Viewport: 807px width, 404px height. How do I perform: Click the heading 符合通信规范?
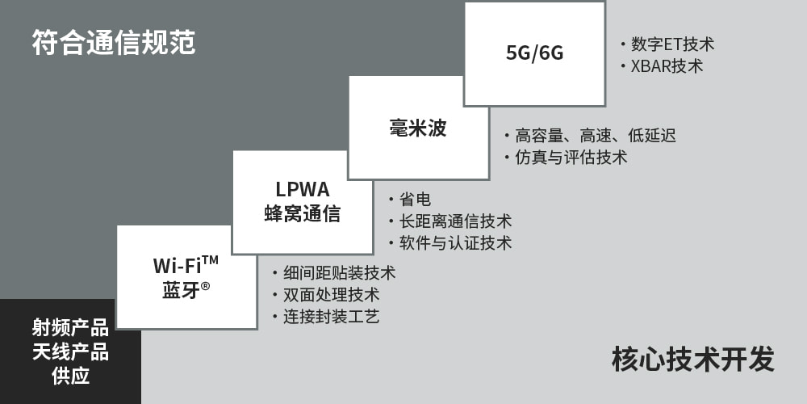click(114, 43)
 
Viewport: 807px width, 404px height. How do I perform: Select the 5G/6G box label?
click(534, 53)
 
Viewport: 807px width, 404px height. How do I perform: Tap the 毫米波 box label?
click(418, 128)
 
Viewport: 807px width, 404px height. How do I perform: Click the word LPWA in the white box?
click(303, 190)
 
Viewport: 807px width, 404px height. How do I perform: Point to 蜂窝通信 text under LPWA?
click(303, 214)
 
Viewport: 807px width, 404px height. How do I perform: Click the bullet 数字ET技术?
click(672, 44)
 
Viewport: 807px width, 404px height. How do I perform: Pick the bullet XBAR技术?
click(667, 66)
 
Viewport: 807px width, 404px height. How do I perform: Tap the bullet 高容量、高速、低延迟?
click(595, 136)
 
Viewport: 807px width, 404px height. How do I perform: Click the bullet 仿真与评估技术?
click(571, 158)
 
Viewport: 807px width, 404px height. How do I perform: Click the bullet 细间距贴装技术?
click(339, 273)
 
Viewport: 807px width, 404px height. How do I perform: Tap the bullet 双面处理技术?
click(331, 295)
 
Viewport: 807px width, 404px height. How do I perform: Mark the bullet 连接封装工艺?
click(331, 317)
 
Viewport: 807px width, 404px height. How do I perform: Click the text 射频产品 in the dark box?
click(70, 328)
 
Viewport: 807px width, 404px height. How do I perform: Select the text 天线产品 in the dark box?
click(70, 351)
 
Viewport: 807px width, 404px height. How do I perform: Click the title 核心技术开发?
click(692, 359)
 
